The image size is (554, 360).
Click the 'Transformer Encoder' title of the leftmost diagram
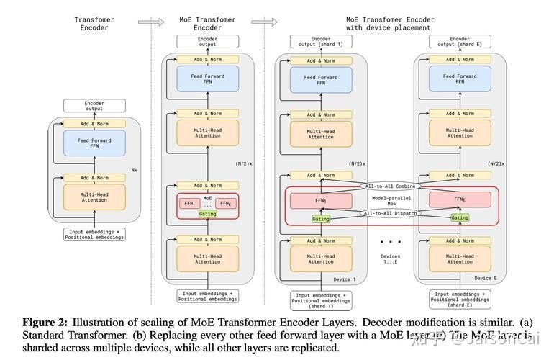coord(94,24)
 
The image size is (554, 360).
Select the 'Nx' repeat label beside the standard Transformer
coord(134,171)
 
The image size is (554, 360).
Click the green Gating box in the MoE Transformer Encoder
coord(207,214)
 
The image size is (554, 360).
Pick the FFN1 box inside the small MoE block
coord(189,204)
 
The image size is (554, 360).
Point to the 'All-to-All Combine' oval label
coord(391,186)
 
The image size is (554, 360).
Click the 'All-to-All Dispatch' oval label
coord(391,213)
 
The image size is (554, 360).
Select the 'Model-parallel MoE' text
coord(391,199)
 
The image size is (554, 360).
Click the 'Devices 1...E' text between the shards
coord(391,258)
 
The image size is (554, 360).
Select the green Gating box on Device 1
coord(321,218)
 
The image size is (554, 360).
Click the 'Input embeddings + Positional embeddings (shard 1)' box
coord(320,299)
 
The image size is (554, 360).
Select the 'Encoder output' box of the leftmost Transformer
coord(94,106)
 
